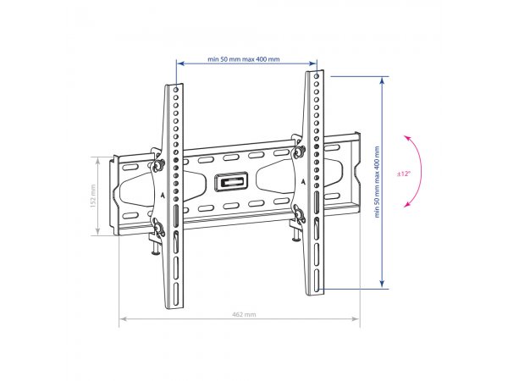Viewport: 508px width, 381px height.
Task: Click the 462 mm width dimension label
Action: click(x=244, y=314)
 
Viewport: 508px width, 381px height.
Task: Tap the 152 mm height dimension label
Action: click(x=93, y=196)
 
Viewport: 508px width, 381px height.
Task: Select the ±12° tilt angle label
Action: click(x=404, y=174)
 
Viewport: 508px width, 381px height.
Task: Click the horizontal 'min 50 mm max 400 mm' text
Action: click(x=244, y=59)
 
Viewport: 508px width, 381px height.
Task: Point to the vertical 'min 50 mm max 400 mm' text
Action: click(x=377, y=182)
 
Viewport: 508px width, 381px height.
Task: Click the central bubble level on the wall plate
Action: click(x=231, y=181)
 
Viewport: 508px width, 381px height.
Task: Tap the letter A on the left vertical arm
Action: click(x=163, y=196)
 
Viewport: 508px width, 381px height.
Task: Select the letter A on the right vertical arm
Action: click(x=303, y=182)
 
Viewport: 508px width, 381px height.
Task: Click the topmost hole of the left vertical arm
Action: click(x=176, y=89)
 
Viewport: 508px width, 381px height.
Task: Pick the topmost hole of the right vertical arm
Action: click(x=317, y=76)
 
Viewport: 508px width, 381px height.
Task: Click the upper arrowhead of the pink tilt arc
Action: click(x=407, y=138)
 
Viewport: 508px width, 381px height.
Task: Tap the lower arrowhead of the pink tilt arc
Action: click(x=407, y=204)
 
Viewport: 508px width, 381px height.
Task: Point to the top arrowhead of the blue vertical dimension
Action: click(x=383, y=80)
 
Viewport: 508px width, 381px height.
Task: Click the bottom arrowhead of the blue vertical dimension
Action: click(x=383, y=284)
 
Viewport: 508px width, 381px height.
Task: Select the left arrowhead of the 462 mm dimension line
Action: click(x=124, y=319)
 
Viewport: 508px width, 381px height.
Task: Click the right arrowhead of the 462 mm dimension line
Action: click(x=356, y=319)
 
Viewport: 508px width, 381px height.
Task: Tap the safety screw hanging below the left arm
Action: click(x=156, y=247)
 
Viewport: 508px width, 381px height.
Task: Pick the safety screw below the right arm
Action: click(x=295, y=234)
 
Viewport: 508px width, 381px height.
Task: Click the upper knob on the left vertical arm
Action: click(x=157, y=165)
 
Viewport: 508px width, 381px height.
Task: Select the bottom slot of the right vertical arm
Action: click(x=317, y=281)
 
